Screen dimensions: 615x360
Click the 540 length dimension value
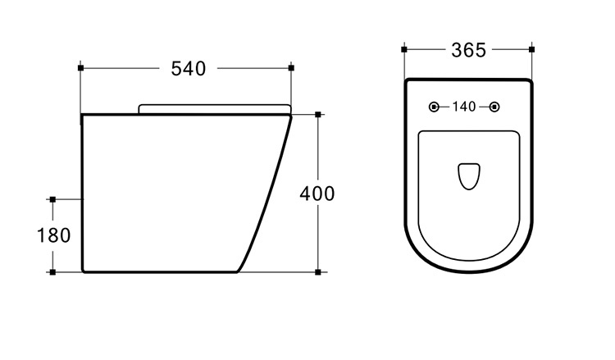click(x=189, y=69)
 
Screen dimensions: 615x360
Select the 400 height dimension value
click(x=317, y=194)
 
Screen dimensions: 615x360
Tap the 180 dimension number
click(x=54, y=235)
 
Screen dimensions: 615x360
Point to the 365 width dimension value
click(x=469, y=50)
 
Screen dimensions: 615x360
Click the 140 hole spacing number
click(x=464, y=107)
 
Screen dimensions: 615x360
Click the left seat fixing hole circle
click(x=434, y=107)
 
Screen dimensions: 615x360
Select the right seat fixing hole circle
click(x=494, y=107)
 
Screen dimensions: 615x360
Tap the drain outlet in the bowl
click(x=469, y=176)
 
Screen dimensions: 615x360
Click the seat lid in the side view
click(x=215, y=108)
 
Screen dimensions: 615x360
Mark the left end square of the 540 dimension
click(x=81, y=68)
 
